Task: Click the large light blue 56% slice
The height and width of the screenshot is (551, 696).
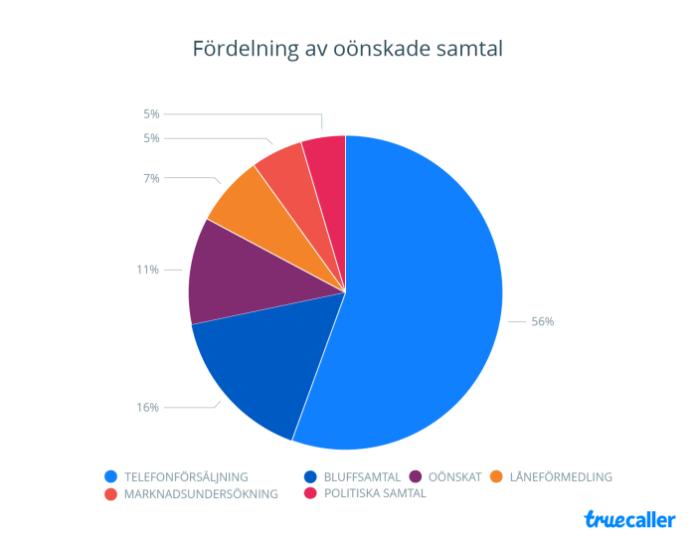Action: point(428,298)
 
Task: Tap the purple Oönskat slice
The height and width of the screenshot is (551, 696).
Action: point(239,274)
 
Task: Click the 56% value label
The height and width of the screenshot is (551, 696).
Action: point(542,321)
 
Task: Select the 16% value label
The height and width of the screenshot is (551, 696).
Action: point(148,407)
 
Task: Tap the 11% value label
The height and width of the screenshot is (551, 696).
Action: point(148,270)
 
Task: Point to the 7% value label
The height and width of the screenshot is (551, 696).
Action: point(151,178)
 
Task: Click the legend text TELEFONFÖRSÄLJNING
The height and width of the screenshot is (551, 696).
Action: point(186,476)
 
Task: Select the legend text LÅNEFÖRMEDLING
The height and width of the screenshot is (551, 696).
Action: point(561,476)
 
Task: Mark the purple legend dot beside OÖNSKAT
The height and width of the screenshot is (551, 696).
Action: point(415,476)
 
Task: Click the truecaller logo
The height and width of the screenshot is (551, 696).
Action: point(629,519)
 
